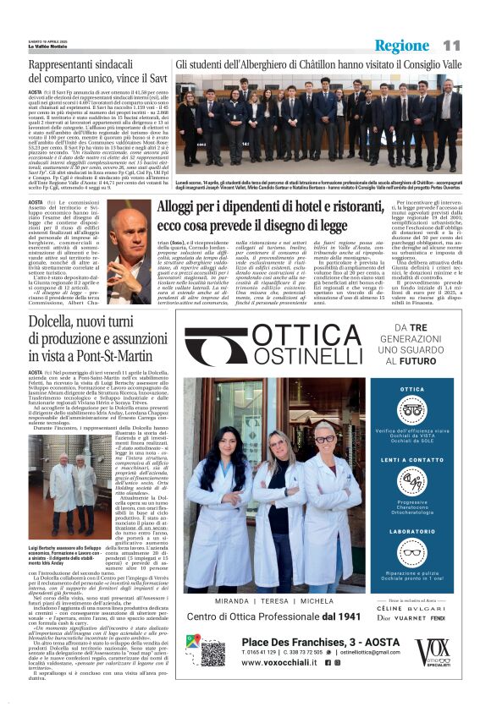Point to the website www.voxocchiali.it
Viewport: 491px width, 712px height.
coord(271,664)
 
